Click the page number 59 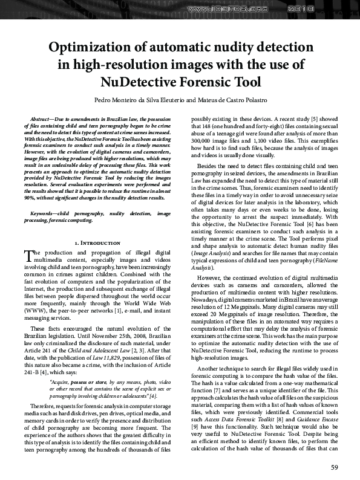click(334, 466)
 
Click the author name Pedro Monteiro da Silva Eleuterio click(148, 99)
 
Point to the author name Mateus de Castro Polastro click(234, 99)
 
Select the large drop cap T click(28, 273)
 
